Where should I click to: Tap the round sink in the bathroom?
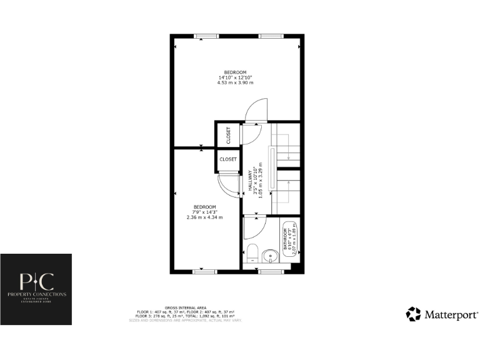[x=269, y=255]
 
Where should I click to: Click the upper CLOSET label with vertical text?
[x=229, y=136]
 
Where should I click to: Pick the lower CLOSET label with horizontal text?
[x=228, y=159]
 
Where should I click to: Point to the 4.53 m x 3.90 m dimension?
[x=235, y=82]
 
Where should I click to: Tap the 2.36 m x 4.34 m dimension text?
[x=204, y=217]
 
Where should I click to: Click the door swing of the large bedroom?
[x=256, y=112]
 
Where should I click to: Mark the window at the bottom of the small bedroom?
[x=203, y=271]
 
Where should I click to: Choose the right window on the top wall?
[x=270, y=36]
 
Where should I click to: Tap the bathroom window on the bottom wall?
[x=270, y=271]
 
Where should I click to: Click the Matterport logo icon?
[x=413, y=314]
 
